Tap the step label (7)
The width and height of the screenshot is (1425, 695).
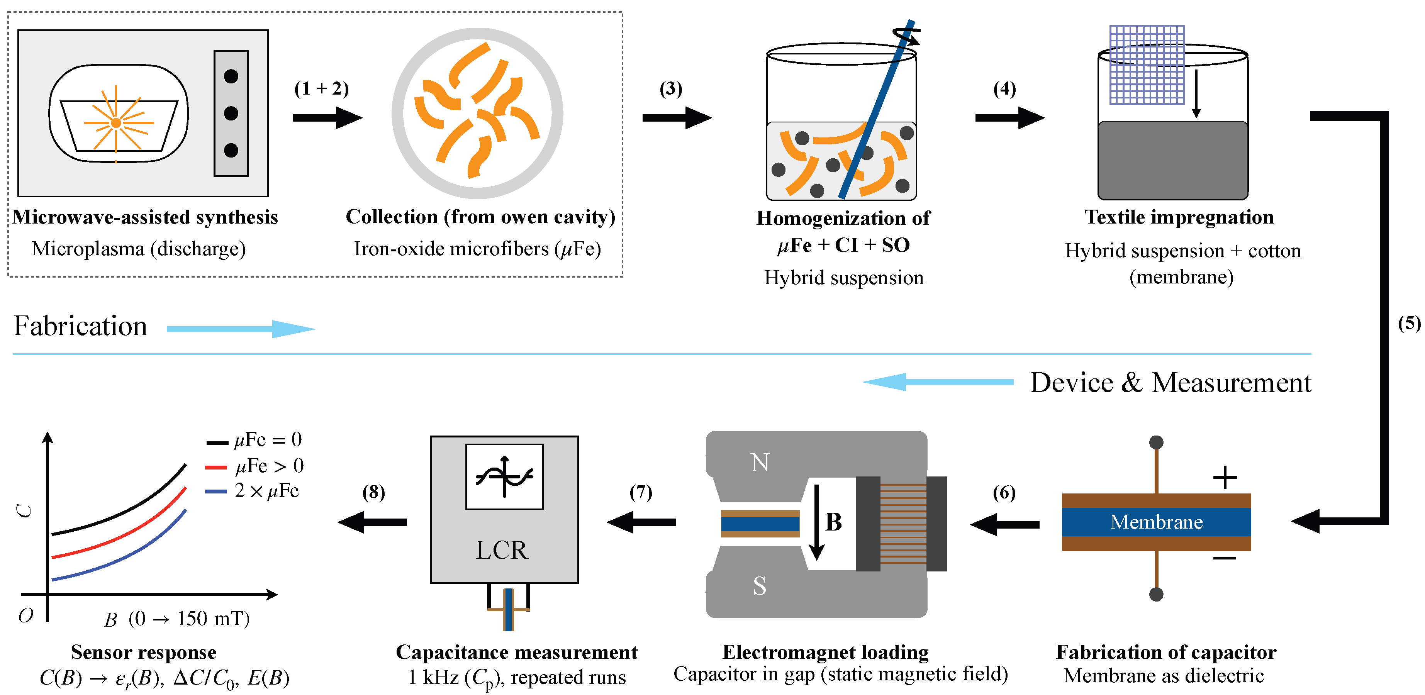coord(641,492)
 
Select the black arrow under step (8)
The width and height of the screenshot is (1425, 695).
coord(372,522)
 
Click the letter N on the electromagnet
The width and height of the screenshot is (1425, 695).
coord(760,462)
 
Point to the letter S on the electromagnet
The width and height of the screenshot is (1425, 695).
coord(760,585)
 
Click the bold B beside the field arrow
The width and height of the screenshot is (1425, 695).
coord(833,522)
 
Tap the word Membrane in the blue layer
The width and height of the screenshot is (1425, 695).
coord(1156,522)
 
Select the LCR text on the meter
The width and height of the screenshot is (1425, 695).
coord(502,550)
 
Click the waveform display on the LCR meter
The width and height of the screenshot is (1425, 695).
coord(504,476)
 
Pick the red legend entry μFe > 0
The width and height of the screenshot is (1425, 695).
coord(254,466)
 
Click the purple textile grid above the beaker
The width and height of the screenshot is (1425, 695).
coord(1147,65)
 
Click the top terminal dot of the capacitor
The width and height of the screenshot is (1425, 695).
coord(1156,442)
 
